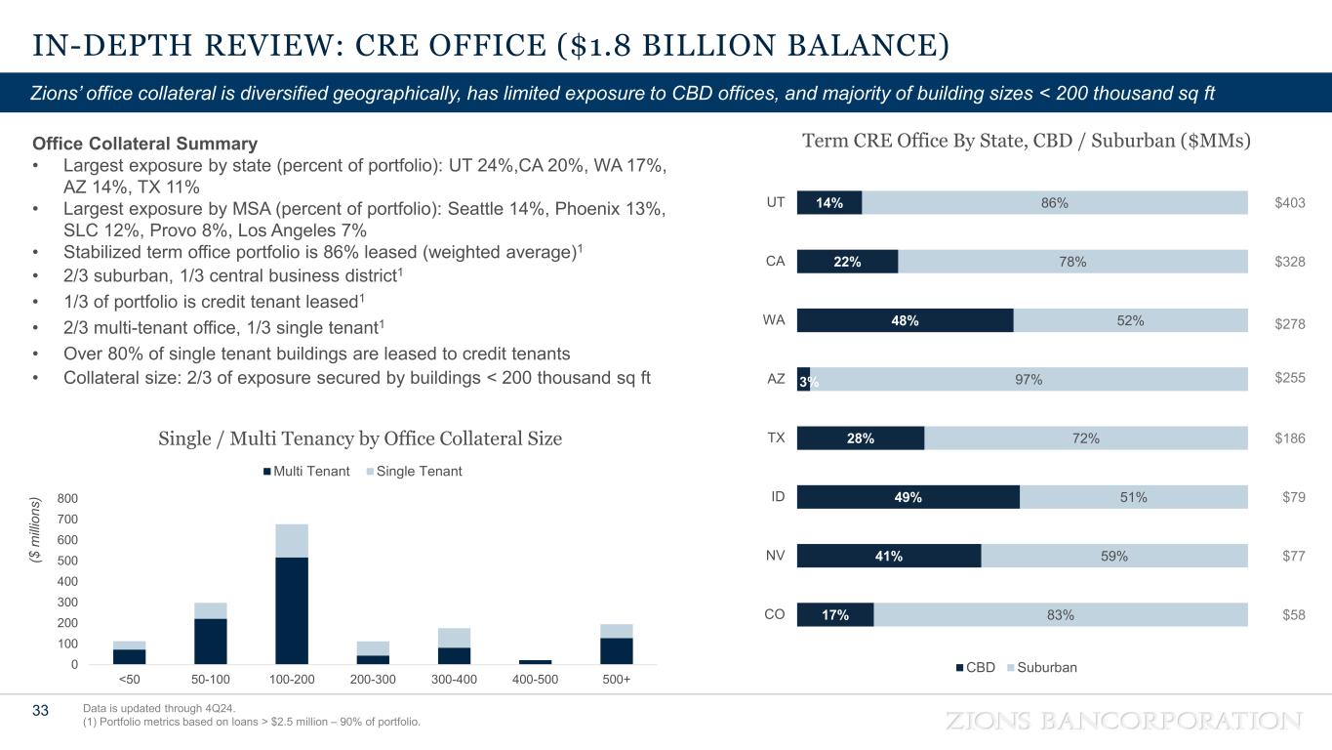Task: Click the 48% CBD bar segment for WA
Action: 905,320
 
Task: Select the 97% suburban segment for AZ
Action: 1029,379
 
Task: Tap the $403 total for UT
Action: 1289,202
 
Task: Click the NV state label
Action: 776,556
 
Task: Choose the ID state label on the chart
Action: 778,497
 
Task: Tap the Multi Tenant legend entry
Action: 305,472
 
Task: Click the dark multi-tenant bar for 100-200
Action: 292,610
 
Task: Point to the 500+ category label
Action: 616,680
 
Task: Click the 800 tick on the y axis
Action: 67,498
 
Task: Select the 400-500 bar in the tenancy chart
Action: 535,661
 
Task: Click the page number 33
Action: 40,711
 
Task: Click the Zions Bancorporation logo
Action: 1124,721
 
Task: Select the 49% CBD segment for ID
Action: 908,497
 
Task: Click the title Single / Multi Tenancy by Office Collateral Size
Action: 359,439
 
